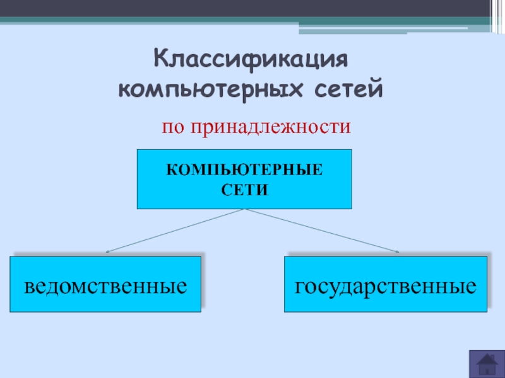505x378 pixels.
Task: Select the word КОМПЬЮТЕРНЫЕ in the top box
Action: pyautogui.click(x=244, y=170)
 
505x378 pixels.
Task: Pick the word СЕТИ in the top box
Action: pyautogui.click(x=244, y=188)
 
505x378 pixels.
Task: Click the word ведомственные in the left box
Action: pyautogui.click(x=105, y=286)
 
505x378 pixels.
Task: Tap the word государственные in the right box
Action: pyautogui.click(x=386, y=286)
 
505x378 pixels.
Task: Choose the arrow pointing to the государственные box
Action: pyautogui.click(x=322, y=231)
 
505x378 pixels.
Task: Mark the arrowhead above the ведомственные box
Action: pyautogui.click(x=107, y=252)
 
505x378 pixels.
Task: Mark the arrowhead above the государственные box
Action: pyautogui.click(x=398, y=252)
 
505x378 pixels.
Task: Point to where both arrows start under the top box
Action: pyautogui.click(x=244, y=210)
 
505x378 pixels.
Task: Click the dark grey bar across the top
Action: pyautogui.click(x=252, y=9)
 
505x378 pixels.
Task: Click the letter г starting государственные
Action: pyautogui.click(x=300, y=287)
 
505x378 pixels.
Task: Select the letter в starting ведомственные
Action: pyautogui.click(x=30, y=287)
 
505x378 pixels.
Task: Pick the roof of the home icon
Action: pyautogui.click(x=486, y=357)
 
